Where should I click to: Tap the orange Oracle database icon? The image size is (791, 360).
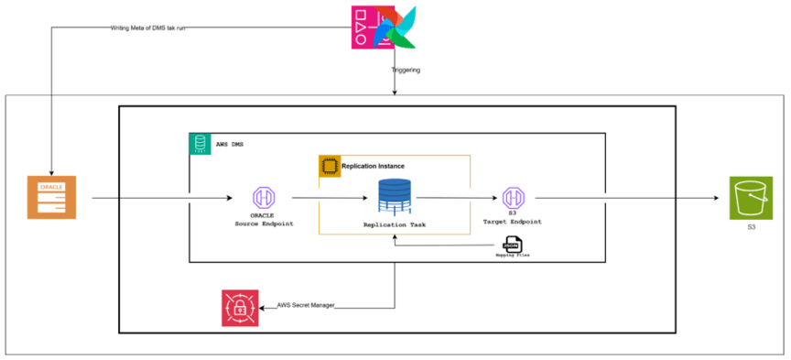click(x=51, y=197)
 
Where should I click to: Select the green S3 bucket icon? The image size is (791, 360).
click(x=751, y=198)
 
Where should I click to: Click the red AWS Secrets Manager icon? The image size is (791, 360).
click(x=240, y=308)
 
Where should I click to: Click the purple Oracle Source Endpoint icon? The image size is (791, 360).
click(x=264, y=198)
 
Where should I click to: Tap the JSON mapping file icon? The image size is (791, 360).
click(x=512, y=244)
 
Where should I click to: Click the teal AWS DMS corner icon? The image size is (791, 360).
click(x=200, y=144)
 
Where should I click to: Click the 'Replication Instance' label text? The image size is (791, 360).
click(x=373, y=167)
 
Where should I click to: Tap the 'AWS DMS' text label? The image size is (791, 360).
click(x=230, y=145)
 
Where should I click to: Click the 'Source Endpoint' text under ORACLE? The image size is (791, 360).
click(x=265, y=224)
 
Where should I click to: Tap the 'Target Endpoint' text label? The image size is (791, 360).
click(x=512, y=222)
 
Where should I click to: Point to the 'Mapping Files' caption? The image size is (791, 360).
click(x=512, y=256)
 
